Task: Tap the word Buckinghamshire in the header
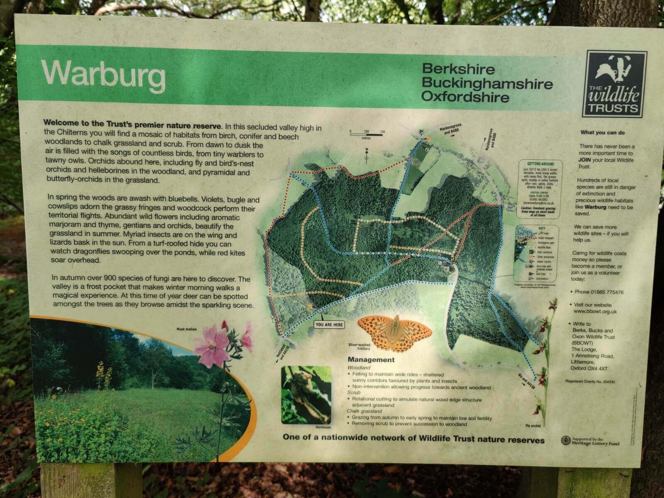(x=487, y=83)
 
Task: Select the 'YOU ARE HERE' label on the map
(x=329, y=324)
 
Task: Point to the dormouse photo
(x=306, y=394)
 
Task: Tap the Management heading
(x=371, y=360)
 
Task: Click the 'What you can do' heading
(x=603, y=133)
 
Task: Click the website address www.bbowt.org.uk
(x=595, y=311)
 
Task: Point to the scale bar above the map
(x=366, y=134)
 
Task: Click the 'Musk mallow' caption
(x=186, y=329)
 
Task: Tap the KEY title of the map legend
(x=542, y=228)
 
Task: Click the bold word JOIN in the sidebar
(x=586, y=159)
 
